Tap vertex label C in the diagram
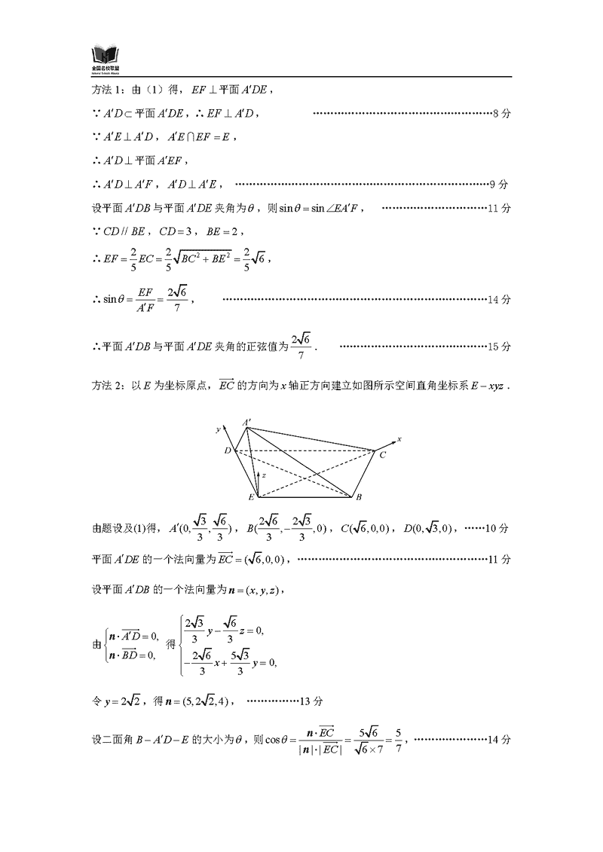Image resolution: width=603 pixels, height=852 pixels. [382, 455]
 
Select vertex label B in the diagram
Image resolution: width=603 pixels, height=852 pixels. [359, 497]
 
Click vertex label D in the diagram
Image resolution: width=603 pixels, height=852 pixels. [227, 450]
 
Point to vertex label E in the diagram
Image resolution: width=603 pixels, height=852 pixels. [251, 498]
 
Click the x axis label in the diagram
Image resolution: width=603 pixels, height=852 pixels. [399, 438]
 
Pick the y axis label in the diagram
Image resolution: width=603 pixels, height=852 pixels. [217, 429]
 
